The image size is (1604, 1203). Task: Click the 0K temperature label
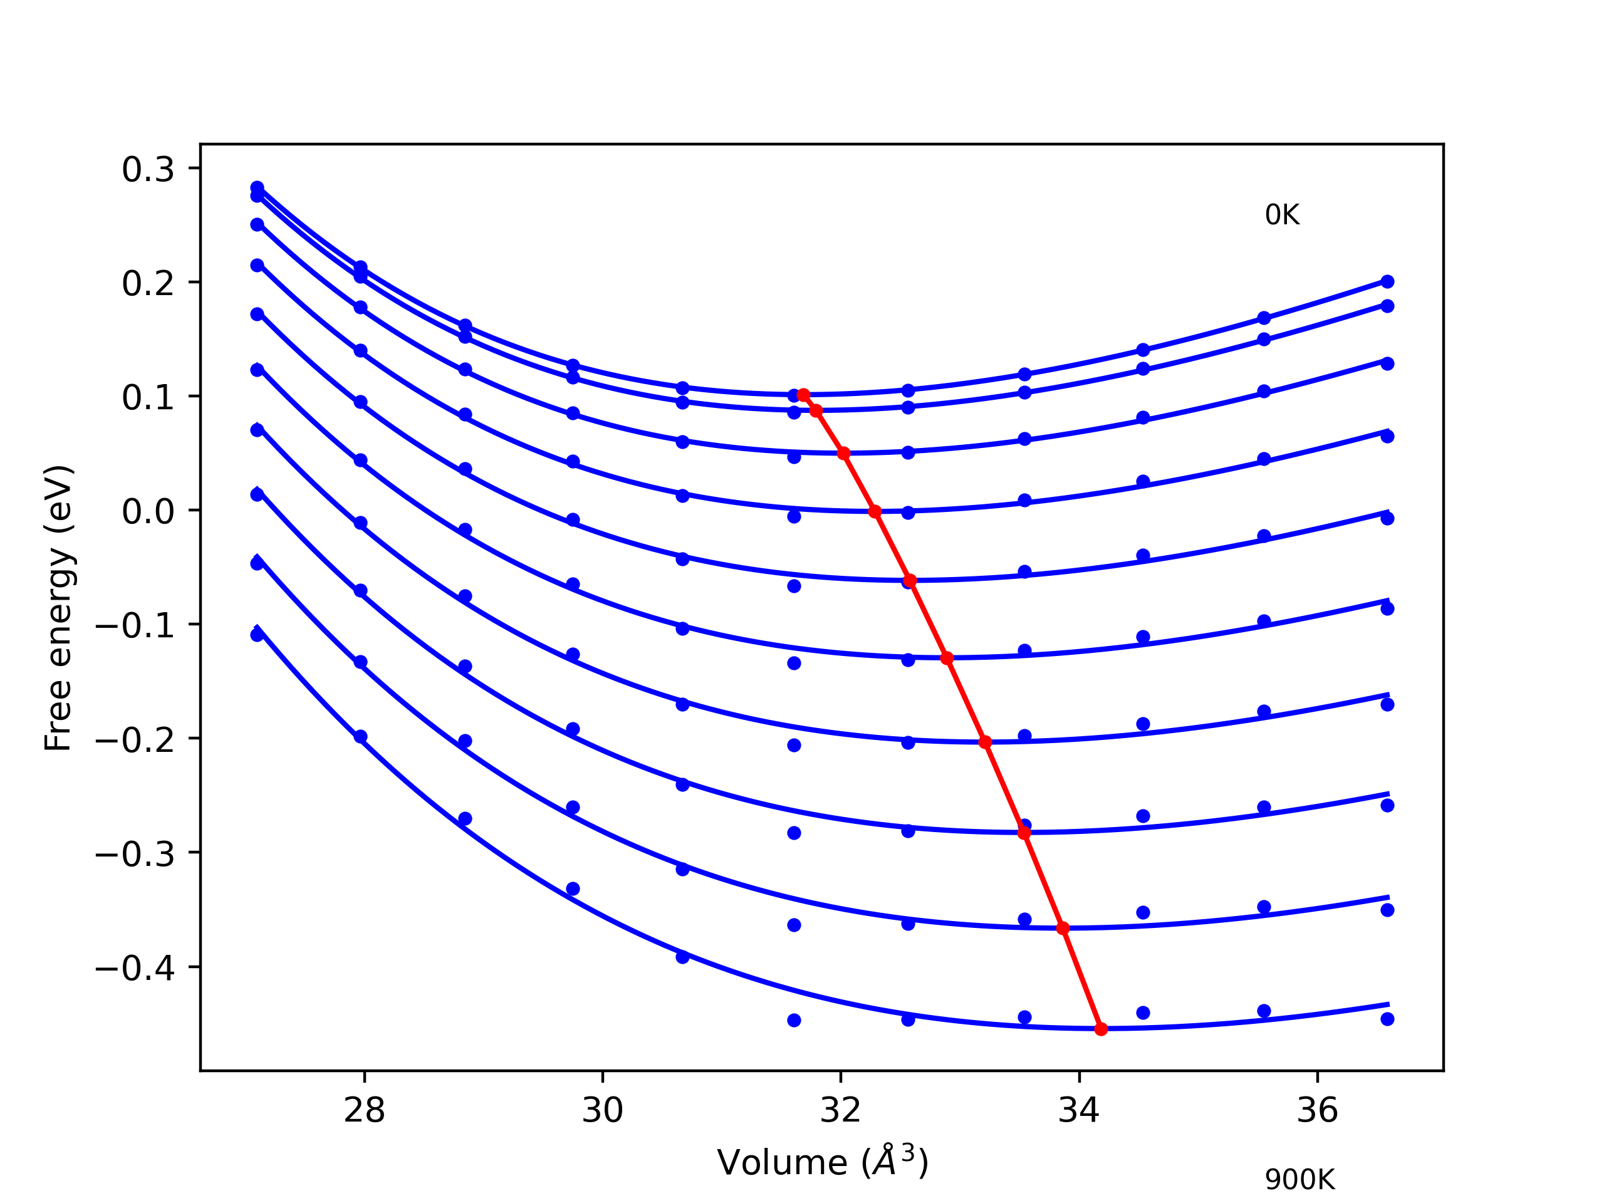click(x=1282, y=216)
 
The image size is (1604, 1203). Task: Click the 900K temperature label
click(x=1299, y=1180)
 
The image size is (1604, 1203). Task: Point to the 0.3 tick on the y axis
click(x=148, y=170)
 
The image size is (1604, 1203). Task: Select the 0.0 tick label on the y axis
click(x=148, y=511)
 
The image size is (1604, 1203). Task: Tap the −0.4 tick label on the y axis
click(x=135, y=969)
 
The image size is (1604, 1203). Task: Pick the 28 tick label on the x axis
click(x=364, y=1110)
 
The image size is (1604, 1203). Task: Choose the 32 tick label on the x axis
click(x=840, y=1110)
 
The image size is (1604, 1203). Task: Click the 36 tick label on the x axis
click(x=1317, y=1110)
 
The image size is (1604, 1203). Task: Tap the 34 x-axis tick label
click(x=1079, y=1110)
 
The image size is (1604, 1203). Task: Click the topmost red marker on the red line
click(x=803, y=395)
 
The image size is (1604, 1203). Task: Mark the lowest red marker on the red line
click(x=1101, y=1029)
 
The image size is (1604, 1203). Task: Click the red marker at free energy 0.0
click(x=875, y=512)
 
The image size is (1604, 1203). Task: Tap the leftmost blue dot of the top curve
click(x=257, y=188)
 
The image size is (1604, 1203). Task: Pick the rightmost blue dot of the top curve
click(x=1387, y=282)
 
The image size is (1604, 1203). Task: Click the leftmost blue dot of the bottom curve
click(x=257, y=635)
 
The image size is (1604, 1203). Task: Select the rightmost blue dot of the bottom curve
click(x=1387, y=1019)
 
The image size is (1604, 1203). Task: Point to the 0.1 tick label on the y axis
click(x=148, y=397)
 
